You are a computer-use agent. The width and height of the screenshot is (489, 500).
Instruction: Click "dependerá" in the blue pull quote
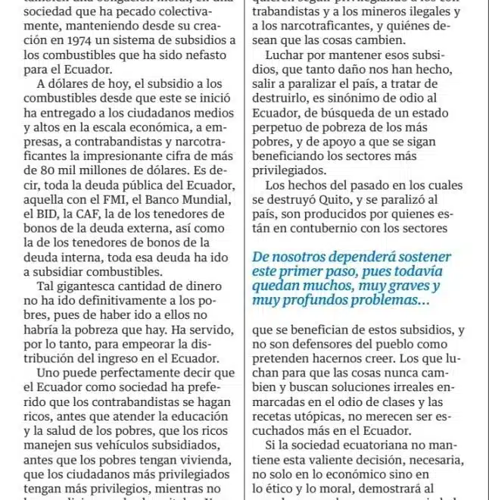click(x=341, y=258)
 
